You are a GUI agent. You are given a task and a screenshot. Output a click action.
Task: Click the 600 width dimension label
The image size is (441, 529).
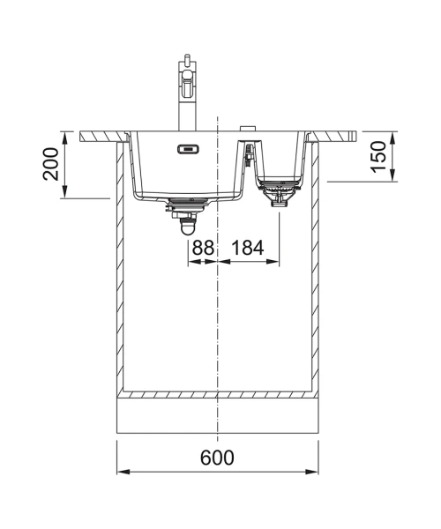pyautogui.click(x=217, y=458)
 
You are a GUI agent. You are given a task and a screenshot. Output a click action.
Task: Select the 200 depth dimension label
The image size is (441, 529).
pyautogui.click(x=50, y=164)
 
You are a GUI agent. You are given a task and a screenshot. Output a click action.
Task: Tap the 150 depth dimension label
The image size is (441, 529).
pyautogui.click(x=377, y=157)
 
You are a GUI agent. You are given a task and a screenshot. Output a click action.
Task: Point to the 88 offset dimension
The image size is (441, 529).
pyautogui.click(x=203, y=248)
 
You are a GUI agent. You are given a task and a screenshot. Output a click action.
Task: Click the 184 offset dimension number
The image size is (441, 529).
pyautogui.click(x=247, y=248)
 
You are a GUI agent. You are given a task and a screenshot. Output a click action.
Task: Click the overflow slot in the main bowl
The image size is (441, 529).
pyautogui.click(x=189, y=148)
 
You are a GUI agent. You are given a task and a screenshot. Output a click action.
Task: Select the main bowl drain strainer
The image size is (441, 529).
pyautogui.click(x=188, y=203)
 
